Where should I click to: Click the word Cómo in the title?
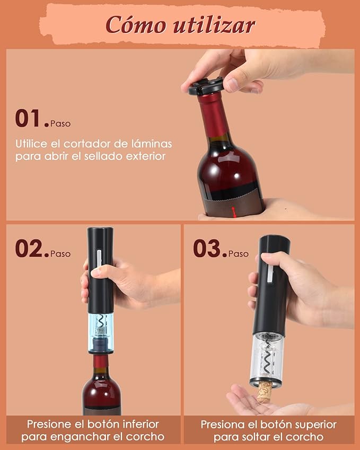coord(133,24)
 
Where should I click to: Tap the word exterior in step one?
coord(144,156)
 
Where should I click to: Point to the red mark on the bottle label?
coord(233,213)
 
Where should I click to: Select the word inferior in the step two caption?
coord(139,425)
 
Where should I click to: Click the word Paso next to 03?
coord(239,253)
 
